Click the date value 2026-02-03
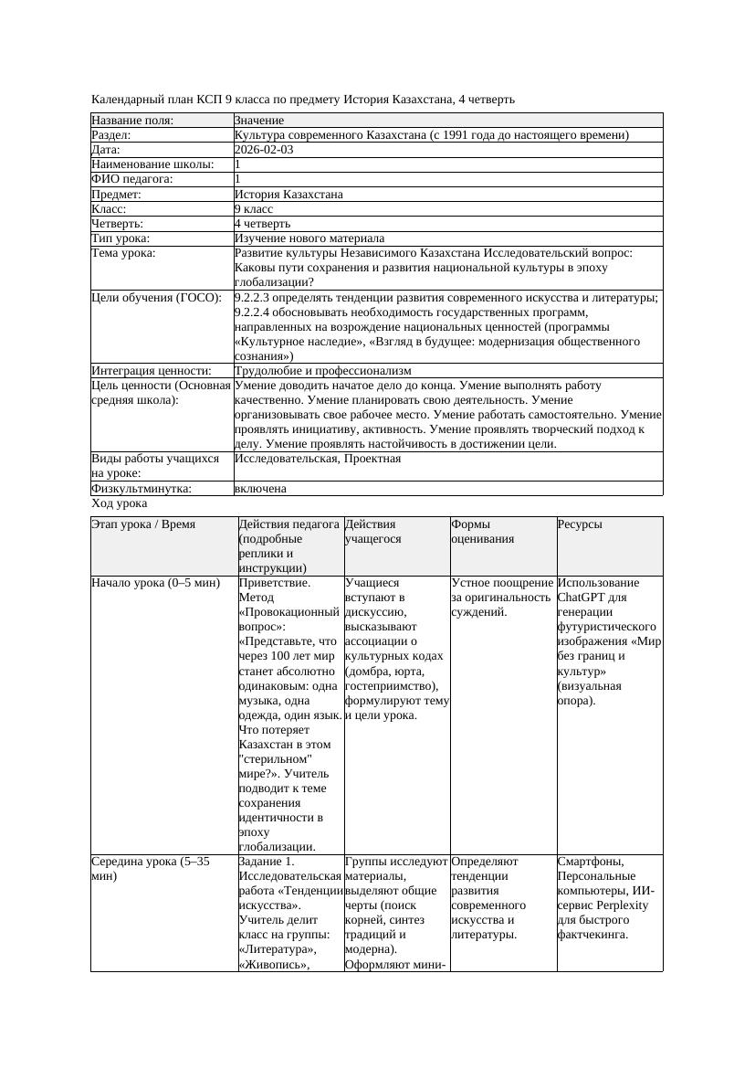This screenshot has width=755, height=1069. (x=264, y=150)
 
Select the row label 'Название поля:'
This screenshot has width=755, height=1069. (x=132, y=121)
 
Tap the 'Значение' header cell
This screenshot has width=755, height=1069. (x=259, y=121)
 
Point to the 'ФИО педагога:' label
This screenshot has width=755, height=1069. (x=132, y=179)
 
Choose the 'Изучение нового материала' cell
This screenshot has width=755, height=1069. (x=309, y=238)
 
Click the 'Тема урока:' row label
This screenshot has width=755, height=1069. (x=123, y=253)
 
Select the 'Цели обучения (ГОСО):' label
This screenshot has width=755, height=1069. (x=156, y=297)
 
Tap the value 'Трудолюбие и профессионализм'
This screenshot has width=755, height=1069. (x=322, y=371)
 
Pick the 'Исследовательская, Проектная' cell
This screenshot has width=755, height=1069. (x=318, y=459)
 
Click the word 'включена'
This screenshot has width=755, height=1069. (x=260, y=489)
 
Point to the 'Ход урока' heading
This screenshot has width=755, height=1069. (x=119, y=503)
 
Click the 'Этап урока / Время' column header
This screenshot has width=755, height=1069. (x=143, y=524)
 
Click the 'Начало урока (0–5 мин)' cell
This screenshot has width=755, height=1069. (x=156, y=583)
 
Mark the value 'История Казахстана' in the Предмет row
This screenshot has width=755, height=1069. (x=288, y=194)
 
